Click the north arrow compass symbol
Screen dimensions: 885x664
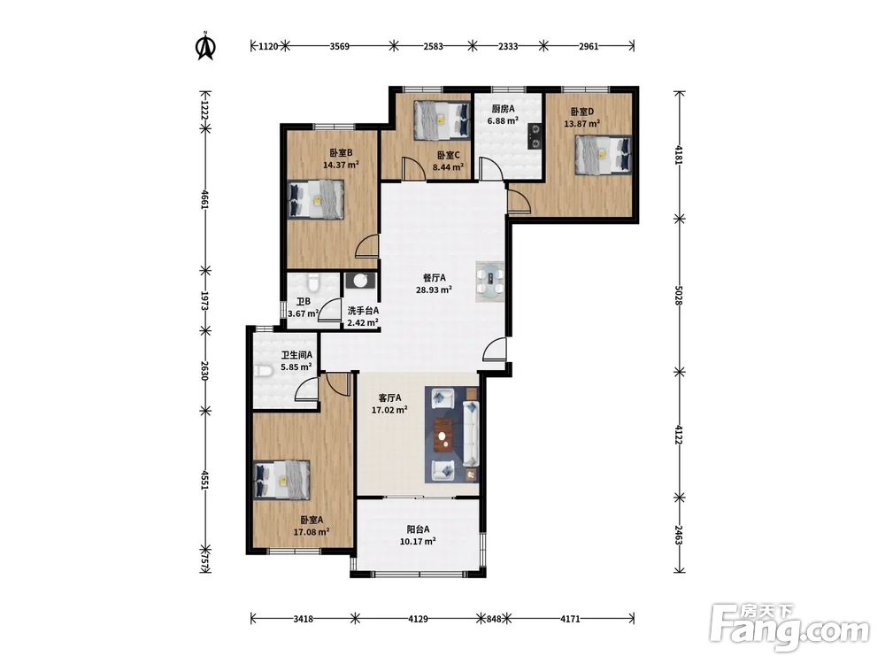pyautogui.click(x=206, y=46)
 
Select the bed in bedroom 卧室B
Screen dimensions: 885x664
pyautogui.click(x=316, y=199)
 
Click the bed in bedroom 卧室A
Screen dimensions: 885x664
pyautogui.click(x=283, y=479)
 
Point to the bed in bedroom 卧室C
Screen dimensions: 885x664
pyautogui.click(x=442, y=120)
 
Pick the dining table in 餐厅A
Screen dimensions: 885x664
pyautogui.click(x=491, y=282)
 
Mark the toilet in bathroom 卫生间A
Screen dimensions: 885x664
pyautogui.click(x=264, y=371)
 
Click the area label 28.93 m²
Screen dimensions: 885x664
pyautogui.click(x=434, y=290)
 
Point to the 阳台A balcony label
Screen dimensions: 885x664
pyautogui.click(x=419, y=529)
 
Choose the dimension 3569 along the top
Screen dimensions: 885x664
pyautogui.click(x=339, y=46)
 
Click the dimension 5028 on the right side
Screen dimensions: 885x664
pyautogui.click(x=680, y=294)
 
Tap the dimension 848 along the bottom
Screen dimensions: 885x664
pyautogui.click(x=494, y=619)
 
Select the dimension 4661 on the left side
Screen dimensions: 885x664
pyautogui.click(x=205, y=198)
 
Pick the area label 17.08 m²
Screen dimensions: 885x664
pyautogui.click(x=312, y=532)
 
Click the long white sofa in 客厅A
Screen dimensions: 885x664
pyautogui.click(x=471, y=433)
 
